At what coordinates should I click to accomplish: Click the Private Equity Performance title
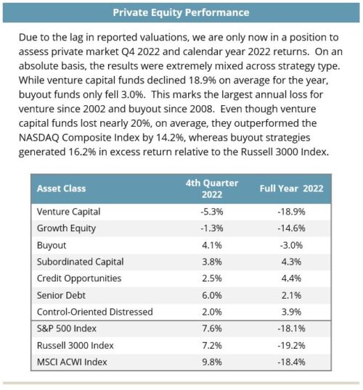(181, 12)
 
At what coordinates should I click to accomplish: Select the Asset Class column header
(61, 188)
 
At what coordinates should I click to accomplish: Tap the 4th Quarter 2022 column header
(212, 188)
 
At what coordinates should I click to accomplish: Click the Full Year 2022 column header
(292, 188)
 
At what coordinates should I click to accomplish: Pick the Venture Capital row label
(68, 212)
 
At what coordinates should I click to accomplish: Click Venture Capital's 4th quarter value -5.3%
(212, 212)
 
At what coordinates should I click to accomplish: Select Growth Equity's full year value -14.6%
(292, 228)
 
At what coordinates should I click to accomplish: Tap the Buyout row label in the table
(52, 245)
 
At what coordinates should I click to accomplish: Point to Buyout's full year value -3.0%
(292, 245)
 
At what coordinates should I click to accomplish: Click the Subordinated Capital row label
(81, 262)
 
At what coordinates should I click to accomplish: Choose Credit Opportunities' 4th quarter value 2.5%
(212, 278)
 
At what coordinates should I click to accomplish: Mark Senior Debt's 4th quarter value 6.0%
(212, 296)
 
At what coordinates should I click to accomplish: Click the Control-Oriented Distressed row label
(94, 312)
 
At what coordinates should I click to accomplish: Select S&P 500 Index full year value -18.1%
(292, 328)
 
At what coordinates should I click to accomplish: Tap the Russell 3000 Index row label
(76, 346)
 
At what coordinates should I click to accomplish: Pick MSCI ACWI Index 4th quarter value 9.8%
(212, 362)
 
